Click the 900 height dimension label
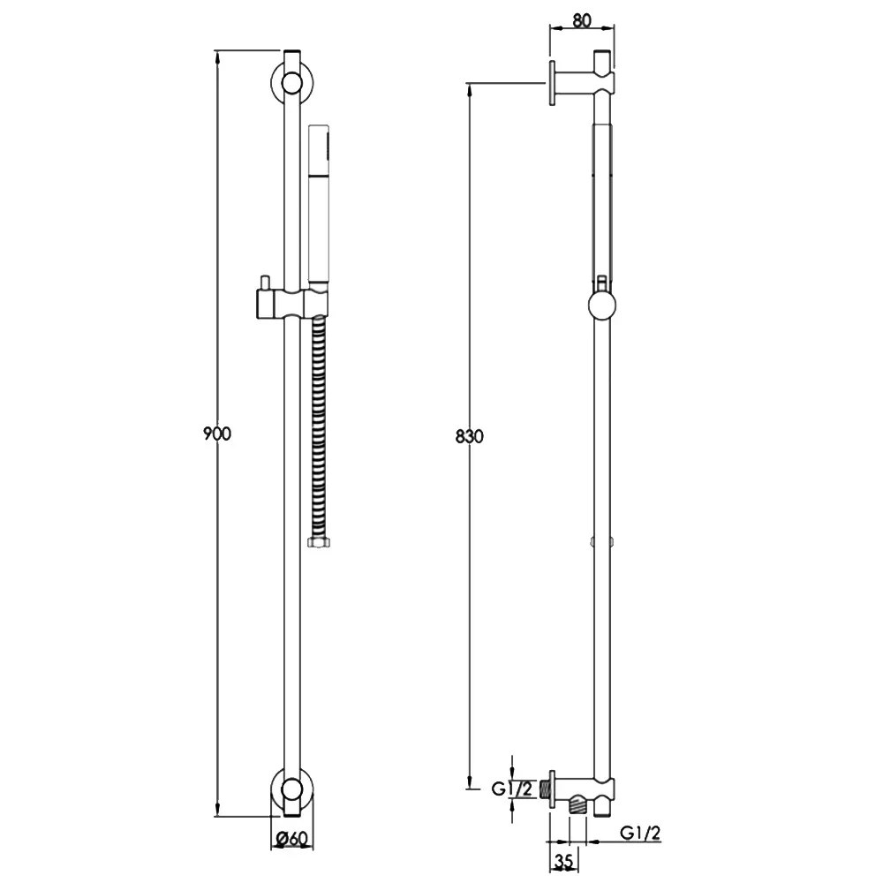click(217, 434)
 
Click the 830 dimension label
click(470, 436)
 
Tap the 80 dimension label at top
click(582, 20)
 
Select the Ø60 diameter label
click(292, 839)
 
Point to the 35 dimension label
click(563, 861)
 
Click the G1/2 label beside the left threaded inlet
click(512, 789)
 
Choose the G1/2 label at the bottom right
click(640, 833)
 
